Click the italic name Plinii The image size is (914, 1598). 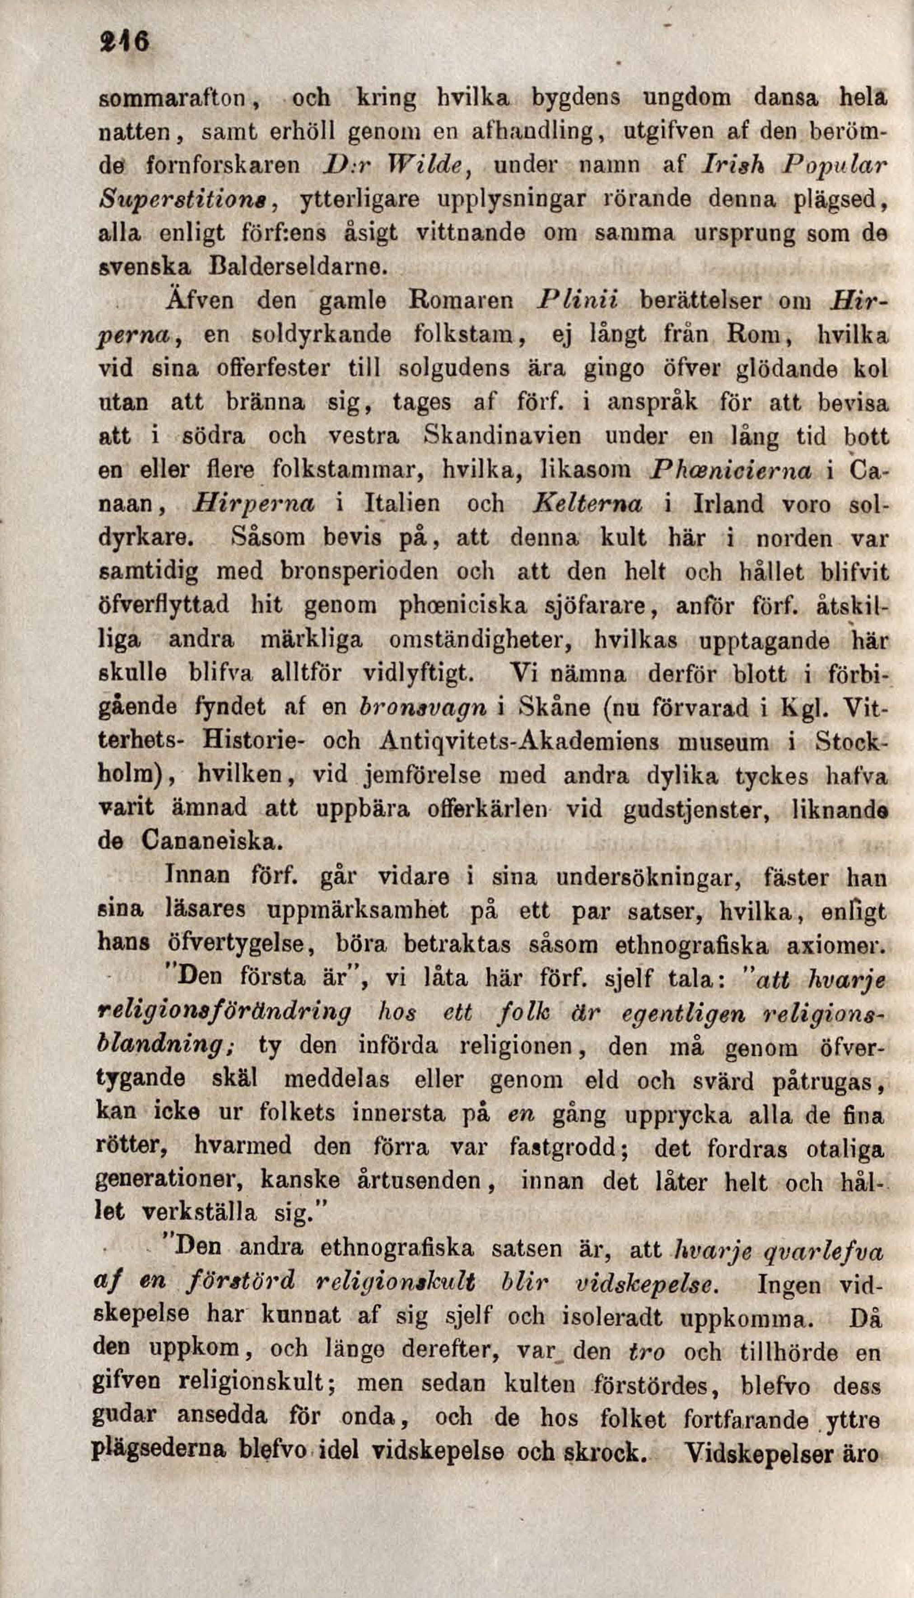pos(578,300)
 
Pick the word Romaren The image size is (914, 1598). pos(461,300)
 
